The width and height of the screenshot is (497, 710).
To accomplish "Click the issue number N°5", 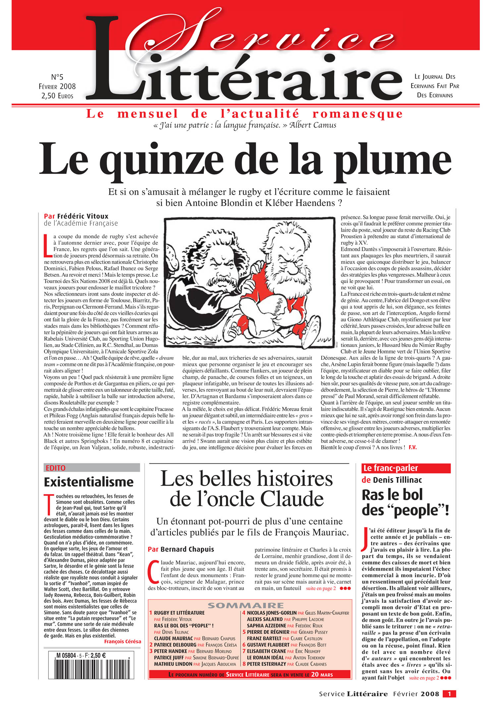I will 57,77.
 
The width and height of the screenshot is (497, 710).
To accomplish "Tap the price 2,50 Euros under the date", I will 57,96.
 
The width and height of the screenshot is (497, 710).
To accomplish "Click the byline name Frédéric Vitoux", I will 83,216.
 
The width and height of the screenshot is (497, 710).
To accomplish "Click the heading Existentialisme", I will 88,482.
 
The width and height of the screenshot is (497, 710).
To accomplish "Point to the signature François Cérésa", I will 122,641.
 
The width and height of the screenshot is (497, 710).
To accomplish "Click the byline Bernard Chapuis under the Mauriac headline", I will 187,549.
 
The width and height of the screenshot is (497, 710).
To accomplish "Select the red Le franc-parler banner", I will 406,468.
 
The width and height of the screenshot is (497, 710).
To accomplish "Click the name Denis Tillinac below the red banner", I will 397,480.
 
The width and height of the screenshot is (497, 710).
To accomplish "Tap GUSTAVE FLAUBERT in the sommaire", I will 268,645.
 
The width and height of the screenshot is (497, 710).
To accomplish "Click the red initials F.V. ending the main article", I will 413,447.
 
